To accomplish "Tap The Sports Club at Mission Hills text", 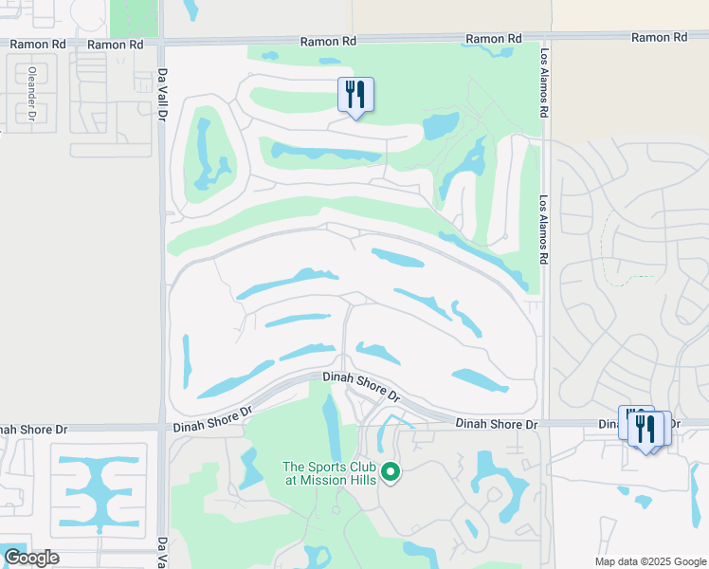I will [x=330, y=473].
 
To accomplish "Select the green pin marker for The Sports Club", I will [x=390, y=471].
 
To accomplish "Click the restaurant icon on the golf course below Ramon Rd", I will [x=355, y=95].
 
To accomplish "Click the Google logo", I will [x=30, y=558].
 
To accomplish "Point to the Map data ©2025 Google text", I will [x=649, y=561].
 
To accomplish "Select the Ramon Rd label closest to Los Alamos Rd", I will [x=493, y=39].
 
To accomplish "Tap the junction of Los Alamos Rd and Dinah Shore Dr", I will [x=544, y=424].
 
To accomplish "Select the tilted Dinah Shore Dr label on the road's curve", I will [x=360, y=387].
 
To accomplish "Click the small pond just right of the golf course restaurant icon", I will [x=439, y=125].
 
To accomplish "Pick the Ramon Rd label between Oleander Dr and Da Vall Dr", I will [x=115, y=44].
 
